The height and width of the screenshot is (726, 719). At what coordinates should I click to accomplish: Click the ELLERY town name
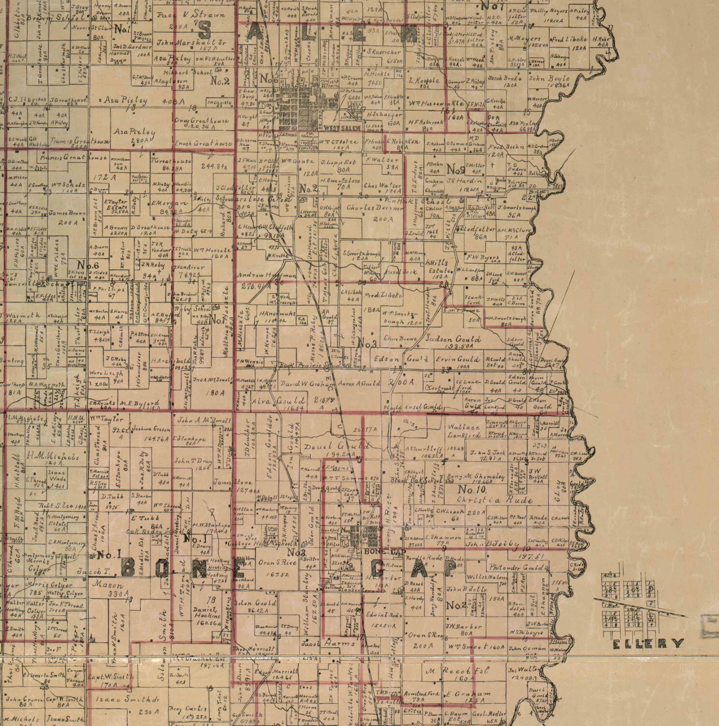click(x=648, y=643)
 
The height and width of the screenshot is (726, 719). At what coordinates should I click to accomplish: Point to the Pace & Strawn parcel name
click(x=191, y=15)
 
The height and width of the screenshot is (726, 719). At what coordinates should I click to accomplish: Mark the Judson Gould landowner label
click(x=453, y=339)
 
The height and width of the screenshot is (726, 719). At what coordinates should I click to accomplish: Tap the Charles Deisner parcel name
click(x=375, y=208)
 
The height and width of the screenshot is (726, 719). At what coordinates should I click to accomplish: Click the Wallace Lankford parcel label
click(x=464, y=431)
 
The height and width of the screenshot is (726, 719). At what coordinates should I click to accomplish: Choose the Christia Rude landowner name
click(x=495, y=500)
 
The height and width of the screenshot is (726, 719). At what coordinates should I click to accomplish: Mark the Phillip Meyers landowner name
click(x=547, y=11)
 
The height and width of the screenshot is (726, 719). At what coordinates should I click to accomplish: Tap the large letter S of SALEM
click(x=204, y=30)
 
